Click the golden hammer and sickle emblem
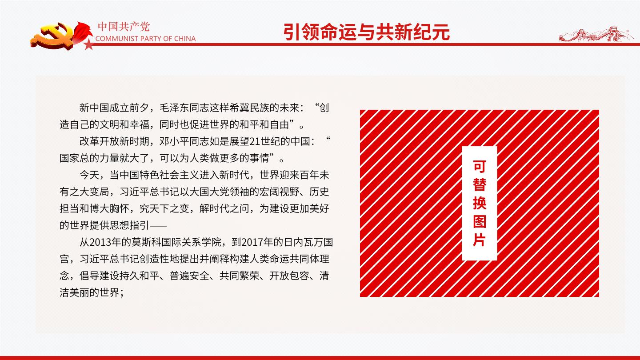[52, 37]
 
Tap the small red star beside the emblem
[89, 44]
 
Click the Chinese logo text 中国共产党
[124, 27]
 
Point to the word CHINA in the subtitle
[185, 39]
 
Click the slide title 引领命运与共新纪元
[367, 32]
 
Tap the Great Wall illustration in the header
[595, 35]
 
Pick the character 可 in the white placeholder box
[480, 167]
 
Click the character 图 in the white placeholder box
[480, 221]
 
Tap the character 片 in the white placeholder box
[480, 240]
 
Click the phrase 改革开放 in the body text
[100, 141]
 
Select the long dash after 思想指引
[158, 226]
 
